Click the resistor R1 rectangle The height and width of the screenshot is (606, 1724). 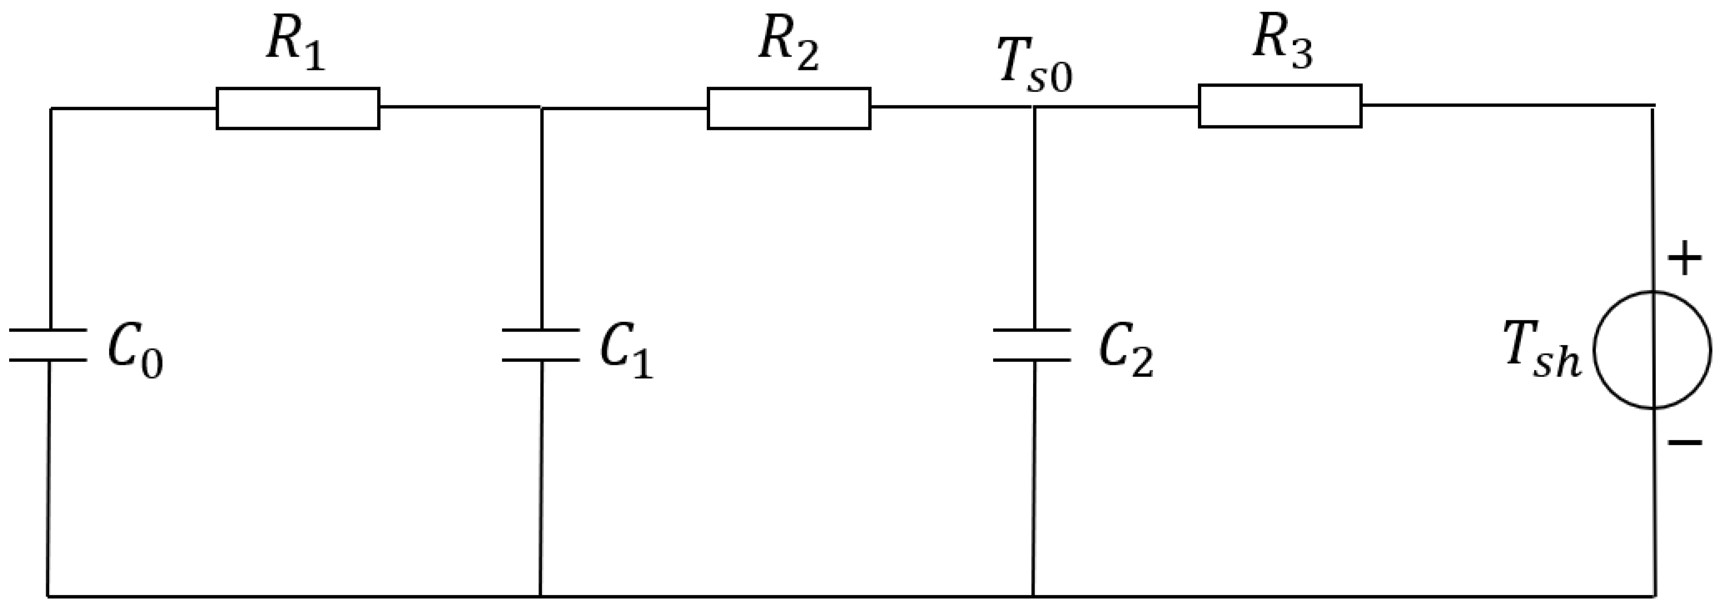coord(298,108)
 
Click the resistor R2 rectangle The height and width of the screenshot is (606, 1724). coord(789,108)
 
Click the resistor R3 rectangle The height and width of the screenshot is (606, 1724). coord(1279,106)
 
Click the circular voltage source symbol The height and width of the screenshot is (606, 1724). coord(1652,349)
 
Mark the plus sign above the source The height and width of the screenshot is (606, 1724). coord(1684,258)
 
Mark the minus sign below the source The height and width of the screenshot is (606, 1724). coord(1684,442)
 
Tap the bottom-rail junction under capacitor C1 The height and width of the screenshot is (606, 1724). coord(541,595)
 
